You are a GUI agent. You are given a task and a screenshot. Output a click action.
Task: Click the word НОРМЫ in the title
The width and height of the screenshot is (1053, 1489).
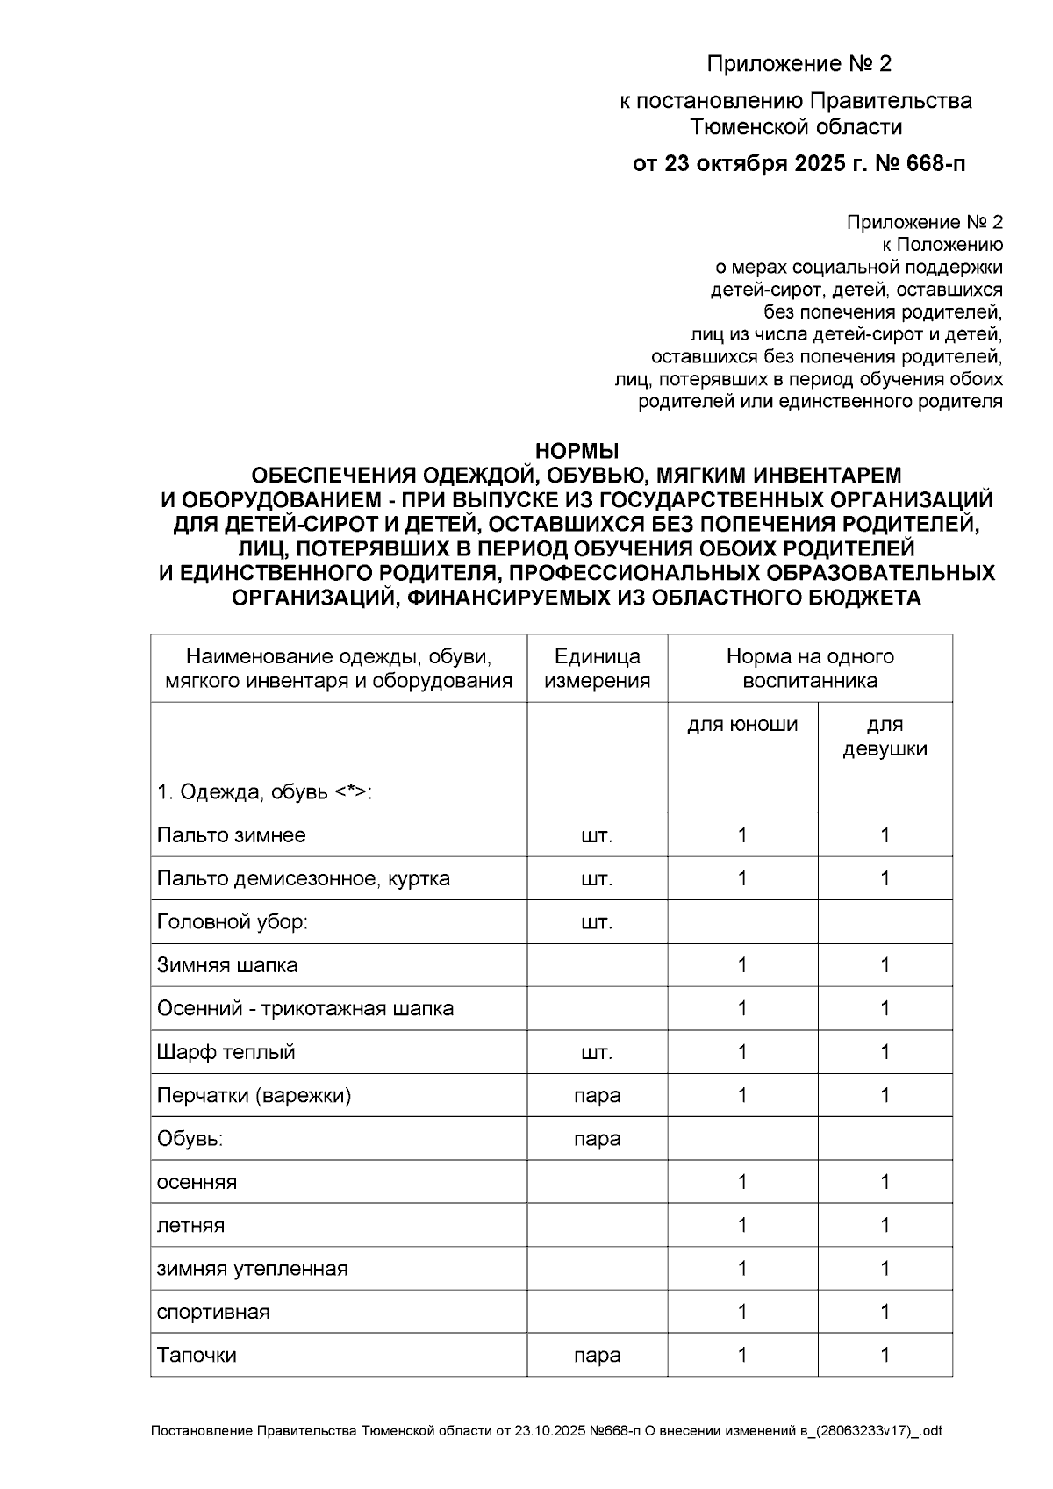pos(577,451)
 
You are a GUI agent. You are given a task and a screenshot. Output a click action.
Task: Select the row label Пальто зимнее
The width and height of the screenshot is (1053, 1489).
pos(231,834)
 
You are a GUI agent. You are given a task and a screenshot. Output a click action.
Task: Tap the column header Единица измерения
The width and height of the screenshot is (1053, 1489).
pos(597,669)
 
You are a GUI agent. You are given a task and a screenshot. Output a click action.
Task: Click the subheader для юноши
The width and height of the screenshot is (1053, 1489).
pos(742,725)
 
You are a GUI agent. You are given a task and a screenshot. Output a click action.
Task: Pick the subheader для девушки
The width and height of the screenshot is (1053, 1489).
pos(885,737)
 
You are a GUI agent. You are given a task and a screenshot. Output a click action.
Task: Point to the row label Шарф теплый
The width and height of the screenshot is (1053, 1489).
pos(226,1052)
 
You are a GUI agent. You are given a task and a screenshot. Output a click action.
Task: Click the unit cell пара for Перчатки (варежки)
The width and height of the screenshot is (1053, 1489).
pos(597,1095)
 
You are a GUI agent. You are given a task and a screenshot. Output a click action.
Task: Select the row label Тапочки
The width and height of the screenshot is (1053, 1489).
pos(197,1355)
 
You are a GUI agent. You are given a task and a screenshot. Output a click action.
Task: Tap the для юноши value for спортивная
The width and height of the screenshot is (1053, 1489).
pos(742,1312)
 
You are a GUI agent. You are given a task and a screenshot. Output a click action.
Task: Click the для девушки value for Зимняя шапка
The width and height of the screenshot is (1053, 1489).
pos(885,965)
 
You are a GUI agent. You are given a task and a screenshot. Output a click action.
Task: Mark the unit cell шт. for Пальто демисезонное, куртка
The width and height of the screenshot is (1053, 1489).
pos(597,878)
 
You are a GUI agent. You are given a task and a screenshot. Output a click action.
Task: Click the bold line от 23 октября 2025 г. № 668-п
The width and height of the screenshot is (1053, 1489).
pos(799,164)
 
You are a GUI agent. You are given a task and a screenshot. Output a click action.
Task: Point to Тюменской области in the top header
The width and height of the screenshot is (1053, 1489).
pos(796,127)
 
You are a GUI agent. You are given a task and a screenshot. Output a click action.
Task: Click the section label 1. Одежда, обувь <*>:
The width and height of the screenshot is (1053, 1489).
pos(264,791)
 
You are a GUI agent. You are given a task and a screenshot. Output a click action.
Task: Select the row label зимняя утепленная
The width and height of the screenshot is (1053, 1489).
pos(252,1269)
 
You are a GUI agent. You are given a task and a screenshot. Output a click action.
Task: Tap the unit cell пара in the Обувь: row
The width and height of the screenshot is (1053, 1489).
pos(597,1139)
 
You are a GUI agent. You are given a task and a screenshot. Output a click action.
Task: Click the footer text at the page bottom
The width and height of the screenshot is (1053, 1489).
pos(546,1431)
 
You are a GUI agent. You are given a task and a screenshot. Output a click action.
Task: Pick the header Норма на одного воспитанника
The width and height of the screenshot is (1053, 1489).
pos(809,669)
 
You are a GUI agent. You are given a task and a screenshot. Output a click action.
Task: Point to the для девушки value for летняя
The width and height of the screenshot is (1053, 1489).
pos(885,1225)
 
